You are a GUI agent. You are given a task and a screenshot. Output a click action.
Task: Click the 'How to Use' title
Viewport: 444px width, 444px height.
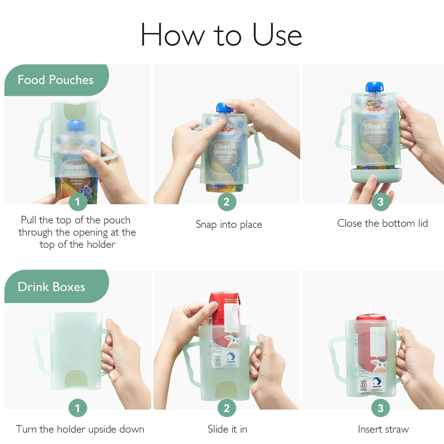pyautogui.click(x=221, y=35)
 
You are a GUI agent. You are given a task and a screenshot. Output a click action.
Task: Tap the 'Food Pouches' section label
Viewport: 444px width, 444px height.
pyautogui.click(x=55, y=80)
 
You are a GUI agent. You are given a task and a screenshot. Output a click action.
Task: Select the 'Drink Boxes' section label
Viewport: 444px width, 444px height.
pyautogui.click(x=51, y=287)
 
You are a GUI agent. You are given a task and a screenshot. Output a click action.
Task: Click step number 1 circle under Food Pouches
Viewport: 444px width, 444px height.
pyautogui.click(x=78, y=202)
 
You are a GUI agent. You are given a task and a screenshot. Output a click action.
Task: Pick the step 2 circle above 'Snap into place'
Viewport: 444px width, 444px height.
pyautogui.click(x=227, y=202)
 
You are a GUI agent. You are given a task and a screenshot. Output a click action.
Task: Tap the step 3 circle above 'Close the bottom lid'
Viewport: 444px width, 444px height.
pyautogui.click(x=380, y=202)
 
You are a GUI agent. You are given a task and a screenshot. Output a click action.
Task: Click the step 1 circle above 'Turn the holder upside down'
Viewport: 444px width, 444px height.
pyautogui.click(x=78, y=408)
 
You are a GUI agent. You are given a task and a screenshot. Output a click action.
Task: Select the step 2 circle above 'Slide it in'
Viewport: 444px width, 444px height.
pyautogui.click(x=227, y=408)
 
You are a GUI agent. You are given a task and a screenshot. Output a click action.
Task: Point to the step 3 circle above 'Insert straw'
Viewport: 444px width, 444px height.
pyautogui.click(x=380, y=408)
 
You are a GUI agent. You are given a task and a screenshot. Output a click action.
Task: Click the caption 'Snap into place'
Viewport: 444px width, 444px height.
pyautogui.click(x=229, y=224)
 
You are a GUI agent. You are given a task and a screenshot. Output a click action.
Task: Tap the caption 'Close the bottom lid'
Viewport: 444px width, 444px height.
pyautogui.click(x=382, y=223)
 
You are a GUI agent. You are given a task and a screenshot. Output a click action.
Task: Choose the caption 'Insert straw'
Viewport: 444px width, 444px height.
pyautogui.click(x=383, y=429)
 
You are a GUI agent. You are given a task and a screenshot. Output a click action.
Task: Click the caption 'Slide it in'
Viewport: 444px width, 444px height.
pyautogui.click(x=227, y=429)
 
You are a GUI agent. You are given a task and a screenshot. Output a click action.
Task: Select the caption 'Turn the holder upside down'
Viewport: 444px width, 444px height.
pyautogui.click(x=80, y=429)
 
